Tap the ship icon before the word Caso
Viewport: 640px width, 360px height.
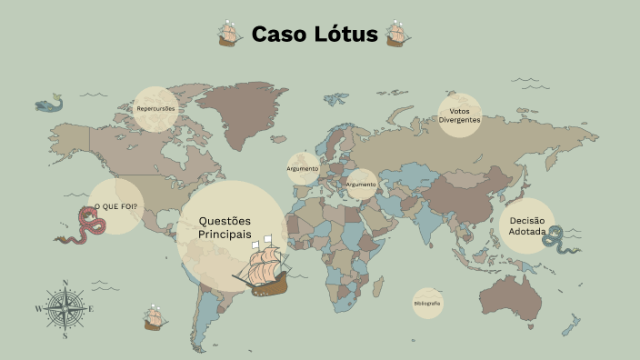[229, 34]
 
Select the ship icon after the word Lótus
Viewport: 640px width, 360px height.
[396, 34]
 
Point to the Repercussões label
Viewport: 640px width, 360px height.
[155, 109]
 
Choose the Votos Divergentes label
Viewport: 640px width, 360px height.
[459, 115]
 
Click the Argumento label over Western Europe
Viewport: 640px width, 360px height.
[303, 168]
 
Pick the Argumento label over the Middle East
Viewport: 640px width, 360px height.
[361, 185]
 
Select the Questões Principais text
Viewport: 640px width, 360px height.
[225, 227]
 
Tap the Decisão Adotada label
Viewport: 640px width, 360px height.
[527, 225]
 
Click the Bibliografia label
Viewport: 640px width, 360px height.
[426, 303]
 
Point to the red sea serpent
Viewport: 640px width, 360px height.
[84, 225]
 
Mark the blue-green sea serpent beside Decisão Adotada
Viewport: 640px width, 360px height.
[557, 238]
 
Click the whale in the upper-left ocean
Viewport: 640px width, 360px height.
[49, 104]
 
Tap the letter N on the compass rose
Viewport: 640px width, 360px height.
[65, 284]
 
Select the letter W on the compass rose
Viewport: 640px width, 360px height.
[38, 309]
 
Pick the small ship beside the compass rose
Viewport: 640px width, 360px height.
[155, 318]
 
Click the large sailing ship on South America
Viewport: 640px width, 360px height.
[262, 267]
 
